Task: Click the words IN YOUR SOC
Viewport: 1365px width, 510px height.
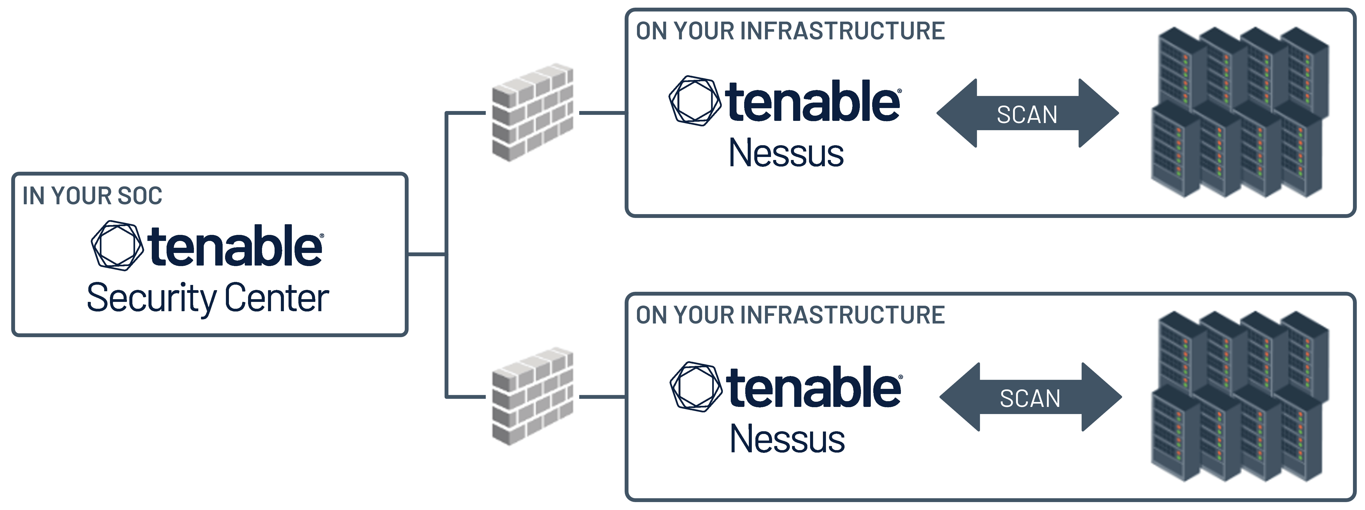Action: pos(92,196)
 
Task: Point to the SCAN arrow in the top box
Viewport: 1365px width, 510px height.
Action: pos(1027,113)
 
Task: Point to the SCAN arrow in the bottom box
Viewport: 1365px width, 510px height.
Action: pos(1030,397)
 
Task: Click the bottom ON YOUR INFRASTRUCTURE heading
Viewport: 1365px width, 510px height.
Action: pos(790,315)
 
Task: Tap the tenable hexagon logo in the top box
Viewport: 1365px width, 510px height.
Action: pos(695,101)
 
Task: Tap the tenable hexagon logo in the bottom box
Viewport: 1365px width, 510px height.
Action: pos(696,387)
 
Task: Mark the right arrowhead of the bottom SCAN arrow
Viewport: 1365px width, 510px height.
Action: pos(1101,397)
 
